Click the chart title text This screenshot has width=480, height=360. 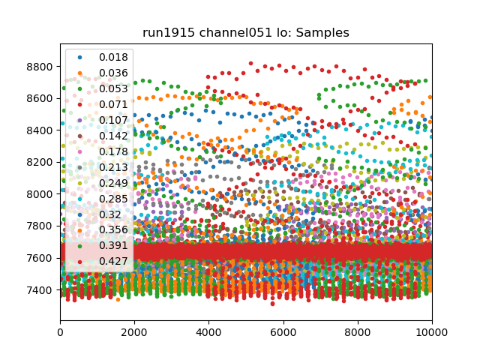point(245,33)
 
